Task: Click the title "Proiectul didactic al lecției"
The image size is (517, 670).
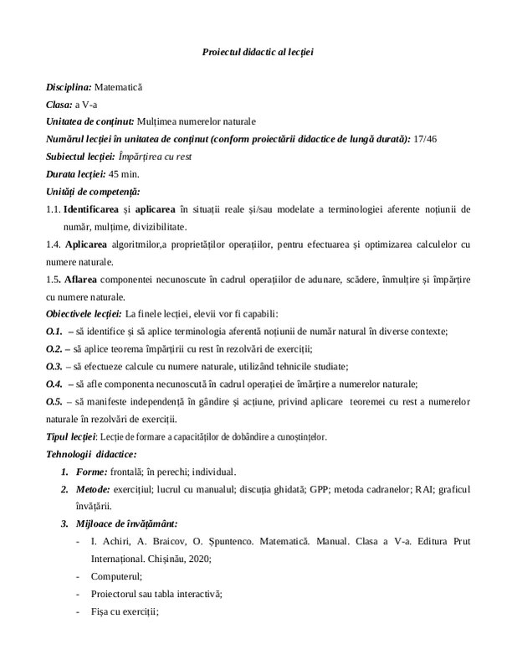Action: (x=258, y=52)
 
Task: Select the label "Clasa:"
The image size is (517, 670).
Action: (x=59, y=104)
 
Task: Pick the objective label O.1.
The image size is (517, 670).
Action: (x=54, y=332)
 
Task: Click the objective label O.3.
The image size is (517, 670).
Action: (x=54, y=366)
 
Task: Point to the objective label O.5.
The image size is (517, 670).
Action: (x=54, y=401)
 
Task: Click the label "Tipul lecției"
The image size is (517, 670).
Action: (x=71, y=436)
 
